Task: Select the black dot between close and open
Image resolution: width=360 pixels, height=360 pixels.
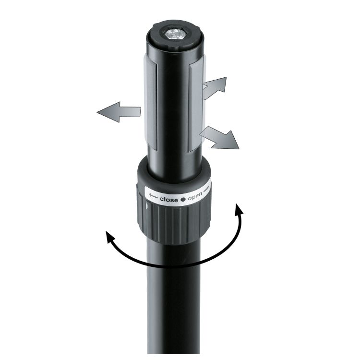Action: click(x=182, y=199)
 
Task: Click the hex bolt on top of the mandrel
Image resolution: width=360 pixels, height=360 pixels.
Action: click(x=176, y=34)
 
